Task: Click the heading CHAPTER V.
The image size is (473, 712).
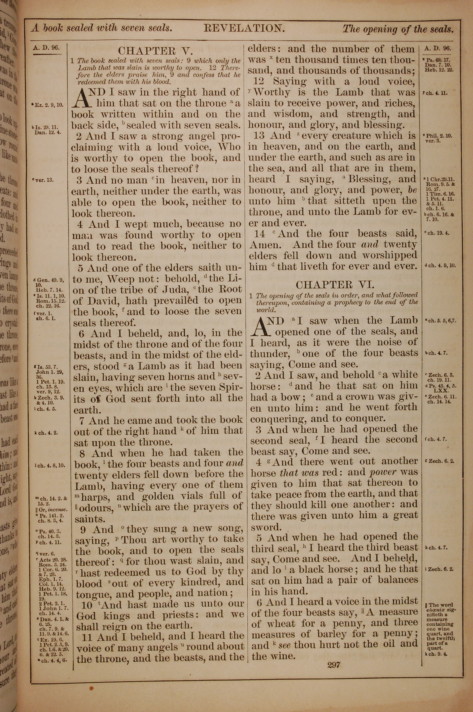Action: pyautogui.click(x=155, y=50)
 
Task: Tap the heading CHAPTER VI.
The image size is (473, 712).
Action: pyautogui.click(x=335, y=284)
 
